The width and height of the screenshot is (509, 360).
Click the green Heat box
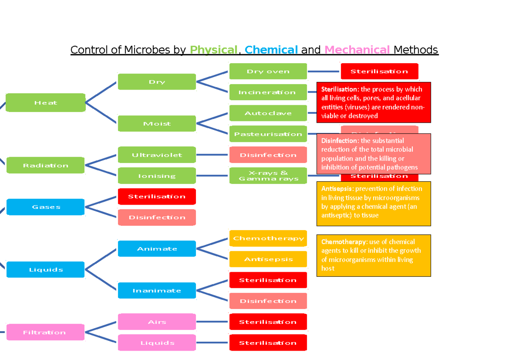click(x=45, y=103)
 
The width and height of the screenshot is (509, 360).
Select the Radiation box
click(x=45, y=165)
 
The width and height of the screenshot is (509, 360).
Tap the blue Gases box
click(x=45, y=207)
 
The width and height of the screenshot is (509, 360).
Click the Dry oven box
click(x=268, y=71)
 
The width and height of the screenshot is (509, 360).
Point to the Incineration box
click(x=268, y=92)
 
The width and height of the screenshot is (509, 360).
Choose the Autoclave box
click(x=268, y=113)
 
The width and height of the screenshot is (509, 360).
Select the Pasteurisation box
click(x=268, y=134)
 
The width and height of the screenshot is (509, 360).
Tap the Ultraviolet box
click(x=157, y=155)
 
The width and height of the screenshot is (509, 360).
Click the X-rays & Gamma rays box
click(x=268, y=176)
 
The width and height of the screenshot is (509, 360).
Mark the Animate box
click(x=157, y=249)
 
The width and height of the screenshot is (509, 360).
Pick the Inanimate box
click(x=157, y=290)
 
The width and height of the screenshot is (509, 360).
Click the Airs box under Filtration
click(x=157, y=322)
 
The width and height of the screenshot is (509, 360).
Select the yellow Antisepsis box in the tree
click(x=268, y=259)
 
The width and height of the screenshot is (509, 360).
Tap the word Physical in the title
click(x=213, y=50)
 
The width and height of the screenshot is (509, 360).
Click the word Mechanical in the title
click(x=357, y=50)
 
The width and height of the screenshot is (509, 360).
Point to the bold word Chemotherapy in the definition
click(x=338, y=242)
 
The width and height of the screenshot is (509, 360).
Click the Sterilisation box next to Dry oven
click(x=379, y=71)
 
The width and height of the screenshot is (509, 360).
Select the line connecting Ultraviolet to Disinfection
click(x=213, y=155)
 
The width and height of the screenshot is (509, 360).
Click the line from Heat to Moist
click(x=101, y=112)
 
